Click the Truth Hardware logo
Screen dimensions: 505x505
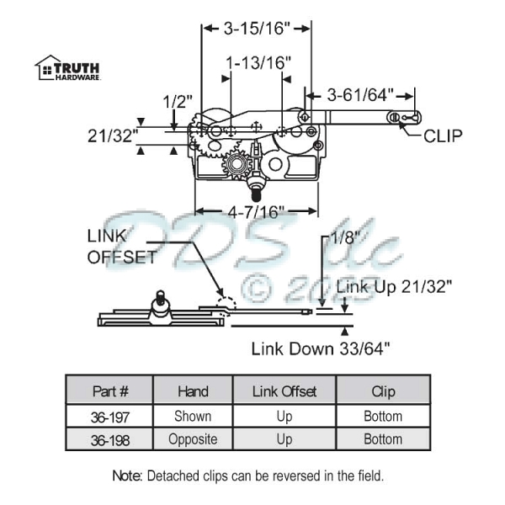67,67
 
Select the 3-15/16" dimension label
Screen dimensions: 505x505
257,29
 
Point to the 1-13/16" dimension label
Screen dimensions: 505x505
258,62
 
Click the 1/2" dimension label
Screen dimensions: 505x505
176,103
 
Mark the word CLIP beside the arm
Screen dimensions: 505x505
443,135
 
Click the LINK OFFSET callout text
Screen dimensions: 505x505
123,246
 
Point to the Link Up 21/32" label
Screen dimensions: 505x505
395,286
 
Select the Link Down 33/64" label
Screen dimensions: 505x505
321,348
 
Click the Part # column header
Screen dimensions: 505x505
109,391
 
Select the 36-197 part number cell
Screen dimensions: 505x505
109,416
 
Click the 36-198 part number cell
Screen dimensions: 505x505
109,439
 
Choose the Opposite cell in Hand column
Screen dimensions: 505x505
193,439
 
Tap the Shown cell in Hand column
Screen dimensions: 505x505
193,416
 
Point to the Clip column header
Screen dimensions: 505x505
383,391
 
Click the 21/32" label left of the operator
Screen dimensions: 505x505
112,136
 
